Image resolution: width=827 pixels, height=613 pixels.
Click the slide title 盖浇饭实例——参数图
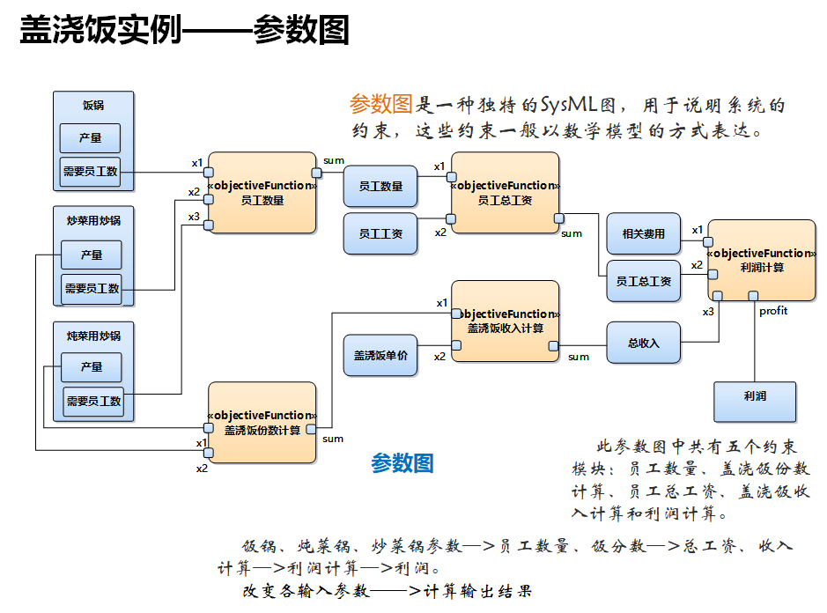184,31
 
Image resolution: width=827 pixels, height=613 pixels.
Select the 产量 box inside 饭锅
90,138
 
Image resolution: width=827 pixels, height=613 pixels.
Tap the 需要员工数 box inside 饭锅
90,172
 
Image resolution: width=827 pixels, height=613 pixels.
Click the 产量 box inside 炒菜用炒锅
91,255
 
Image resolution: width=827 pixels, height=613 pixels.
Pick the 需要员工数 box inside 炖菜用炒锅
92,402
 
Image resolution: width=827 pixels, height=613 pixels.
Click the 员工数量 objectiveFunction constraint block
262,193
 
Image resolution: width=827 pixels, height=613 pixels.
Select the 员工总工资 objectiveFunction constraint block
505,193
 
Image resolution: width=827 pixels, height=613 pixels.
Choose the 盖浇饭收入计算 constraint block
505,321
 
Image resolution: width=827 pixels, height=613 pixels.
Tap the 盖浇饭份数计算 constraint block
262,423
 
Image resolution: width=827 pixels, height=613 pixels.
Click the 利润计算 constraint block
762,260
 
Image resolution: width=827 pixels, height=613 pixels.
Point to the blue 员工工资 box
380,233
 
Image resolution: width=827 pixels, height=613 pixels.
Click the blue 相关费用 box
644,233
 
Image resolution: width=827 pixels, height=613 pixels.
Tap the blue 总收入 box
644,343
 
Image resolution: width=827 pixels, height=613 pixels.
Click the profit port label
773,311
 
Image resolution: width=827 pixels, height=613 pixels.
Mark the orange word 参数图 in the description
380,105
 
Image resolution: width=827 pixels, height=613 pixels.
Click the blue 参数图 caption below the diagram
402,463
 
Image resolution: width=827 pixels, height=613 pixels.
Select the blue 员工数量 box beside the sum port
380,186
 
